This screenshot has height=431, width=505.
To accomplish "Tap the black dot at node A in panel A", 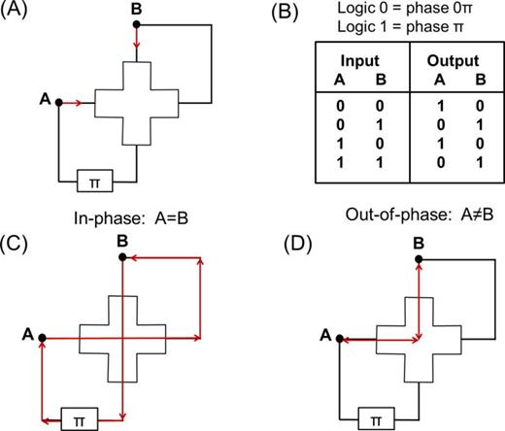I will (x=60, y=100).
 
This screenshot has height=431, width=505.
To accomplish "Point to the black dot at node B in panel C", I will (x=120, y=258).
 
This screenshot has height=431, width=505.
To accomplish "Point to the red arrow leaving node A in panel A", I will (x=76, y=100).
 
